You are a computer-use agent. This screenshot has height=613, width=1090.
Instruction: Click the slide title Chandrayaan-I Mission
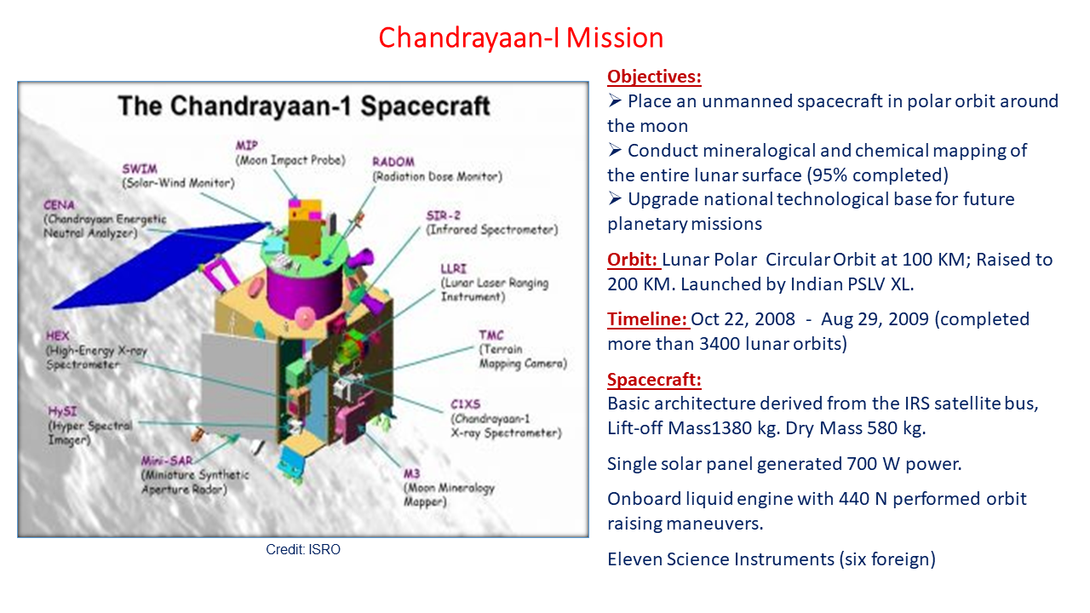coord(520,38)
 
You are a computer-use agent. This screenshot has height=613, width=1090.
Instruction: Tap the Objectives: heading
coord(654,77)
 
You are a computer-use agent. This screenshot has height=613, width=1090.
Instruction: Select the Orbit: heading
coord(633,260)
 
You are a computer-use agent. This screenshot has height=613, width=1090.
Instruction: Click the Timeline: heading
coord(647,319)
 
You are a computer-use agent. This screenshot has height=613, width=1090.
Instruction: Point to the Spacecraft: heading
coord(654,380)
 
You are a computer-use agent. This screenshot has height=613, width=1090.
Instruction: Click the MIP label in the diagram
coord(247,145)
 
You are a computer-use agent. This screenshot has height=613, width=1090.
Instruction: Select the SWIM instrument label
coord(140,169)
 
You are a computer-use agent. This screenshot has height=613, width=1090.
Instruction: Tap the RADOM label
coord(393,162)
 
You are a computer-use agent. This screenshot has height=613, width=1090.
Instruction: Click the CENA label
coord(59,205)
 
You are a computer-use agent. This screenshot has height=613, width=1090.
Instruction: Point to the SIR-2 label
coord(444,215)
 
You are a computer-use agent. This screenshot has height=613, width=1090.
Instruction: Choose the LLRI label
coord(454,268)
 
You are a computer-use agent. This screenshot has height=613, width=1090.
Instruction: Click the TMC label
coord(491,335)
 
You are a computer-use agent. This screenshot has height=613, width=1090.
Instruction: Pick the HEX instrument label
coord(57,335)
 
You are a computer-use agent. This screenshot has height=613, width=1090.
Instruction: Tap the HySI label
coord(62,411)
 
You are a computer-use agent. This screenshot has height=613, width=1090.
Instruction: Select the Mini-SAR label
coord(167,461)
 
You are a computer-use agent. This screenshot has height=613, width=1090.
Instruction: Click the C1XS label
coord(465,404)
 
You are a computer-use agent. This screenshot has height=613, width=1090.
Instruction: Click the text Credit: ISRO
coord(303,549)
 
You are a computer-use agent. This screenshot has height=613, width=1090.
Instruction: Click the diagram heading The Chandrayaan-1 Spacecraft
coord(304,106)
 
